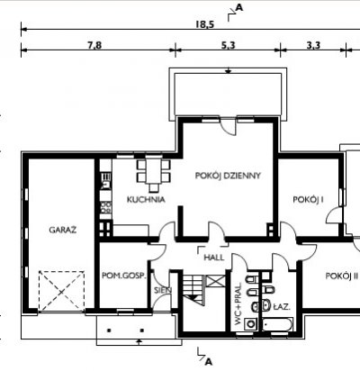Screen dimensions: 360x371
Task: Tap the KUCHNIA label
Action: point(146,200)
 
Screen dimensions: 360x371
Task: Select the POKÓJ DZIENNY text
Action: point(228,176)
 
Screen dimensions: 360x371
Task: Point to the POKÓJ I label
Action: point(308,200)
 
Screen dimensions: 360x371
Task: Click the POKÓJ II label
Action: point(342,276)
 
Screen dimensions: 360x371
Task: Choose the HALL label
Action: point(213,258)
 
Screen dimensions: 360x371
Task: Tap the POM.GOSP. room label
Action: point(124,276)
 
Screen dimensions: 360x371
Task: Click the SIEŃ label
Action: point(163,290)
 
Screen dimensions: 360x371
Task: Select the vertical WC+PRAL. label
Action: point(238,303)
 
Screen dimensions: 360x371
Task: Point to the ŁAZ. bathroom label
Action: point(282,307)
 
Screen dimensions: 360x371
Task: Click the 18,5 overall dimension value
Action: point(205,24)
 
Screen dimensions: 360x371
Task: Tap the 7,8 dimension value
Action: point(94,45)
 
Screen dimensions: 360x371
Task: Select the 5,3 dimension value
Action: point(229,45)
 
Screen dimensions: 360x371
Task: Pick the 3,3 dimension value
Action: point(313,45)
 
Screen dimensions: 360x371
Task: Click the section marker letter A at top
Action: point(238,8)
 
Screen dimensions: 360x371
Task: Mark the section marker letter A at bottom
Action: point(209,362)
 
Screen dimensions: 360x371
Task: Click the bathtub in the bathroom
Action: point(277,324)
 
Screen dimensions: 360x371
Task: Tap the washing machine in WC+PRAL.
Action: point(250,324)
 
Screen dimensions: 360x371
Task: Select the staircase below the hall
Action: point(193,287)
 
